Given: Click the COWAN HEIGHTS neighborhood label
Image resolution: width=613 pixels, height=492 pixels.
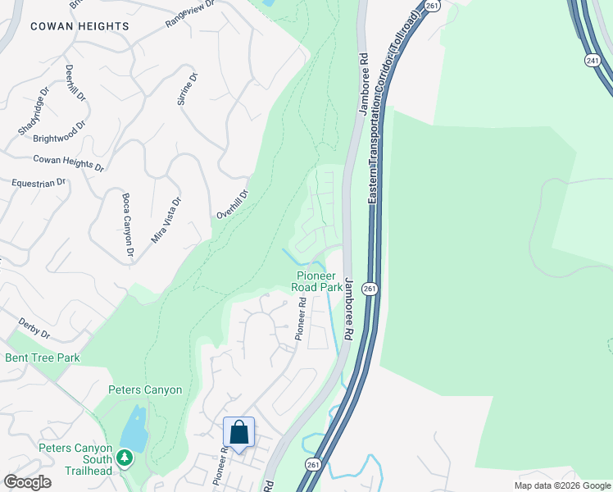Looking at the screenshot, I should (79, 26).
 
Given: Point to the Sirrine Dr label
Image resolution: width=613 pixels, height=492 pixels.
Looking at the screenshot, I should (187, 90).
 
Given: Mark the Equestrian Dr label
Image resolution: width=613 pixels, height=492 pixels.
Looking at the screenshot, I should (38, 183).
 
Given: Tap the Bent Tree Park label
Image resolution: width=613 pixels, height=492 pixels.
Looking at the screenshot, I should (43, 358).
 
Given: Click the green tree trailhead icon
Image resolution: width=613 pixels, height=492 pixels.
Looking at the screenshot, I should (125, 456).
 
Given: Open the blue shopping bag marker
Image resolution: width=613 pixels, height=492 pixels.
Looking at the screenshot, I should (238, 432).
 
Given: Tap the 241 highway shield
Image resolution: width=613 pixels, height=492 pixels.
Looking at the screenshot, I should (593, 60).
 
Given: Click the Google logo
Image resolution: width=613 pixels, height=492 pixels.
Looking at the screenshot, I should (28, 482).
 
